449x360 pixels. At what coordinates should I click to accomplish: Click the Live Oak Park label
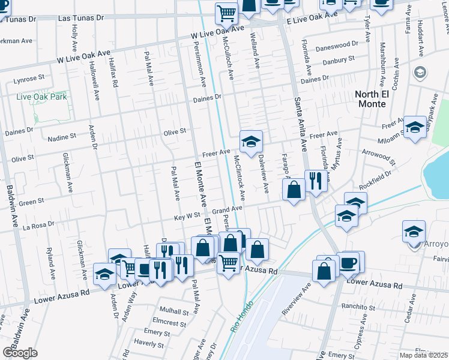click(x=41, y=97)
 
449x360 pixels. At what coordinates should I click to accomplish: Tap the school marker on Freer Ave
click(x=252, y=142)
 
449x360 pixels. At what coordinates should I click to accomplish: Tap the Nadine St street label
click(x=61, y=137)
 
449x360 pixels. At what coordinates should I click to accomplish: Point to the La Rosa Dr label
click(x=38, y=226)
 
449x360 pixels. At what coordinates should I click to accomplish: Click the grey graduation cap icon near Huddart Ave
click(x=420, y=73)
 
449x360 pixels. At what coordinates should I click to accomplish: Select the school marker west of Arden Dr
click(x=105, y=274)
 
